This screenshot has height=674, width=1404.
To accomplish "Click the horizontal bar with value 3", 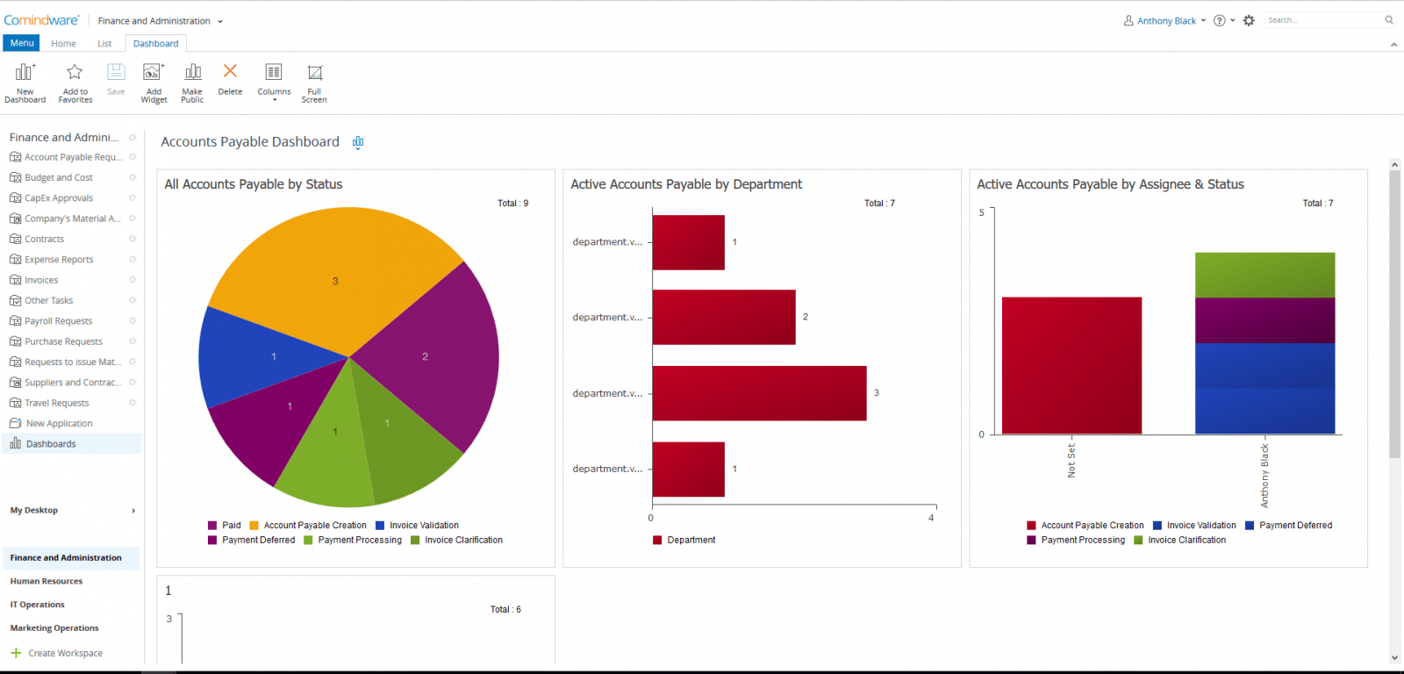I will click(x=759, y=393).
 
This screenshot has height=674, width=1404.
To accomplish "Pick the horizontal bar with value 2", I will click(x=724, y=317).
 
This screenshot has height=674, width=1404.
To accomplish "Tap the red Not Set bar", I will click(x=1071, y=365).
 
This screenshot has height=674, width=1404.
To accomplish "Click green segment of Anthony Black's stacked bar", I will click(x=1264, y=275).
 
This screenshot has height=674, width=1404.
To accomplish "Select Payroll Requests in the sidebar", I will click(x=58, y=321).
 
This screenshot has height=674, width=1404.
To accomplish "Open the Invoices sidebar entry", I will click(x=41, y=280).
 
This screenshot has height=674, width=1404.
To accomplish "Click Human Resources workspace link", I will click(x=47, y=581).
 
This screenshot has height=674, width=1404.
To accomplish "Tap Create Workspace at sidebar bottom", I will click(x=65, y=653).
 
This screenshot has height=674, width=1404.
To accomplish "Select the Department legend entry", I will click(x=691, y=540).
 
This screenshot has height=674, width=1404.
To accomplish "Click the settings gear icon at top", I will click(x=1249, y=20).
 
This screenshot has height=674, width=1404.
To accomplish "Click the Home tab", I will click(x=63, y=43).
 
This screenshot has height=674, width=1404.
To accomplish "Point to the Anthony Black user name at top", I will click(x=1166, y=20).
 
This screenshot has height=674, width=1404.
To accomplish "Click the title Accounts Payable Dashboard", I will click(x=250, y=142).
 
